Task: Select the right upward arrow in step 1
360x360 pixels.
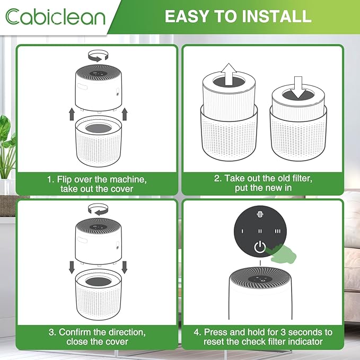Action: click(x=125, y=113)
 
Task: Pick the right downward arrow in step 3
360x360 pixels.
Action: click(x=125, y=265)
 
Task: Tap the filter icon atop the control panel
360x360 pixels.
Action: click(x=259, y=215)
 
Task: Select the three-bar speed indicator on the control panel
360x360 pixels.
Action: click(x=277, y=231)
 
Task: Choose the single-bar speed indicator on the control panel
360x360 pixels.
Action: click(x=242, y=231)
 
